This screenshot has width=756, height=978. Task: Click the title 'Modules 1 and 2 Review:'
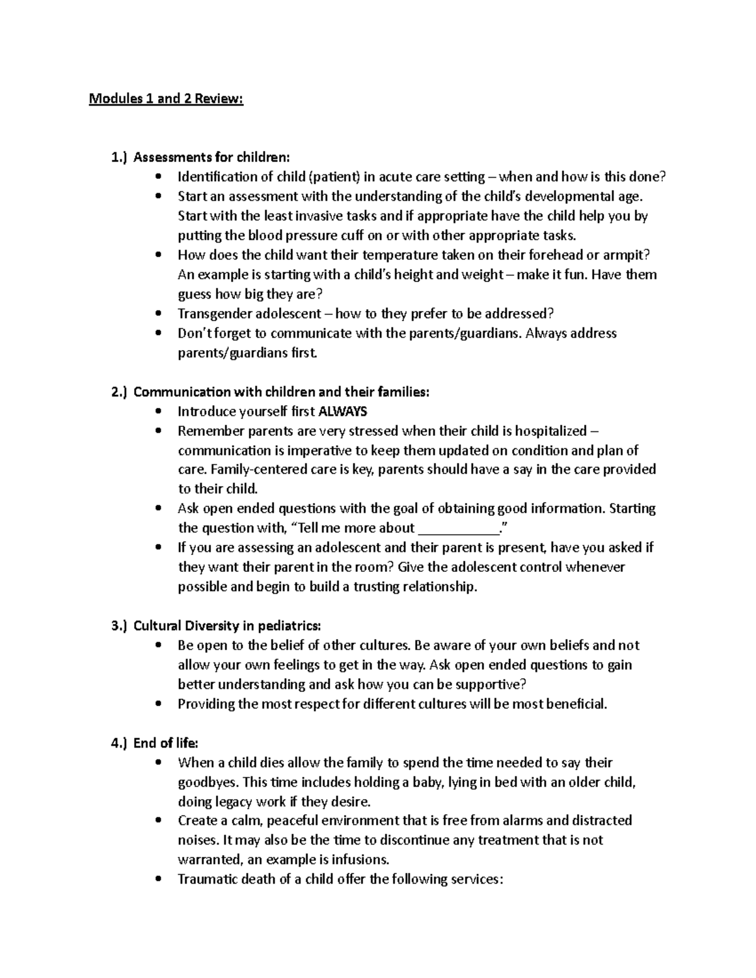click(166, 99)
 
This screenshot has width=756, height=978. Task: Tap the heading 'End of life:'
click(166, 743)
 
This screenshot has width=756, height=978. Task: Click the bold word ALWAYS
click(343, 412)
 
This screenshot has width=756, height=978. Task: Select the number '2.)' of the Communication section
click(119, 392)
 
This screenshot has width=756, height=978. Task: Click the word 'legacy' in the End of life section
click(234, 802)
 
